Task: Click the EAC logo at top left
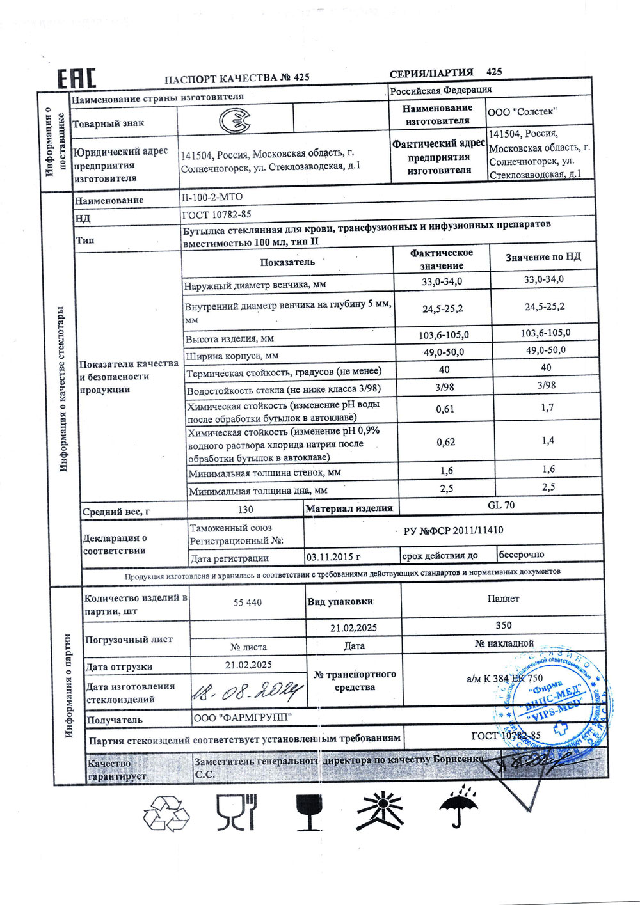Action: click(x=77, y=78)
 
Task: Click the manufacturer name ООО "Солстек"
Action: click(x=522, y=112)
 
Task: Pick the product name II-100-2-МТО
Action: click(x=213, y=197)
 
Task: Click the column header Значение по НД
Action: click(x=543, y=257)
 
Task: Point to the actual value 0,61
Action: click(x=445, y=409)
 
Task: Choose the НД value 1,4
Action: click(x=547, y=441)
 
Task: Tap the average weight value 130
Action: click(x=245, y=509)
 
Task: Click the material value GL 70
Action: click(x=501, y=505)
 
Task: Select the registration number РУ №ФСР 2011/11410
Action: click(x=453, y=530)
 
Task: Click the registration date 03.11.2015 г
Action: click(x=333, y=557)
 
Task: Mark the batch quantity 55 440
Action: click(x=248, y=602)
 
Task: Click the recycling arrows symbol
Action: click(x=166, y=813)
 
